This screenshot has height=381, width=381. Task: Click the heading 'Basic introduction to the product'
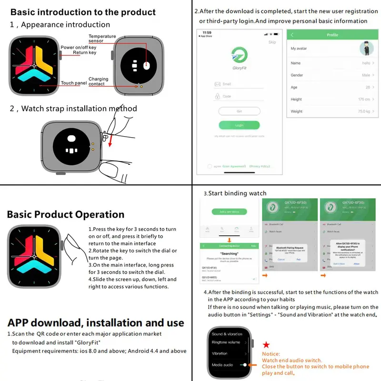tap(83, 12)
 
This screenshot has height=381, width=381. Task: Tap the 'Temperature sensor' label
tap(102, 39)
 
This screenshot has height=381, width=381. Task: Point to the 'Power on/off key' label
tap(79, 48)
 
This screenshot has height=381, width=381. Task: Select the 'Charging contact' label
tap(98, 81)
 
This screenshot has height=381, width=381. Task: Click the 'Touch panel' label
tap(74, 83)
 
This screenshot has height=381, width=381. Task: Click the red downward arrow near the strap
tap(109, 141)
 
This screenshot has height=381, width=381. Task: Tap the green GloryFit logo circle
tap(239, 55)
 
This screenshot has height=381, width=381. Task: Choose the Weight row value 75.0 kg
tap(364, 111)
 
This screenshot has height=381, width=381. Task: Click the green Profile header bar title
tap(332, 35)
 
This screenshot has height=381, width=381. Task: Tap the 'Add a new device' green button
tap(229, 211)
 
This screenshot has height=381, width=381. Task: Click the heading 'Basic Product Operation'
tap(65, 214)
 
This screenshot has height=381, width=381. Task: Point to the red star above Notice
tap(266, 344)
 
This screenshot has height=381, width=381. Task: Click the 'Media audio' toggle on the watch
tap(245, 365)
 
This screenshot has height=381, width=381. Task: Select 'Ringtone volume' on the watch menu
tap(226, 342)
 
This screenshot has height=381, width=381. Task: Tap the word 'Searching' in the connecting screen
tap(229, 253)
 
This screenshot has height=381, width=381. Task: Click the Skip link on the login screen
tap(272, 42)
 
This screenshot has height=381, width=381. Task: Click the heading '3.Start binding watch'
tap(235, 193)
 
